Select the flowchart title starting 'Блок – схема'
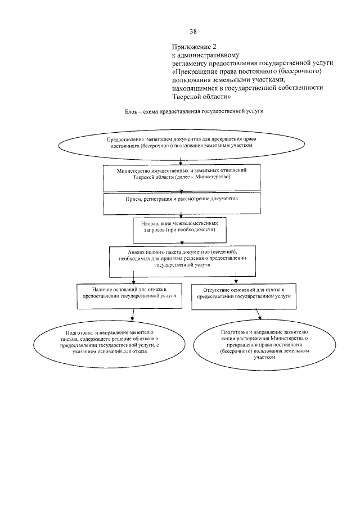pos(194,112)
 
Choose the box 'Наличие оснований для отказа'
pos(130,293)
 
